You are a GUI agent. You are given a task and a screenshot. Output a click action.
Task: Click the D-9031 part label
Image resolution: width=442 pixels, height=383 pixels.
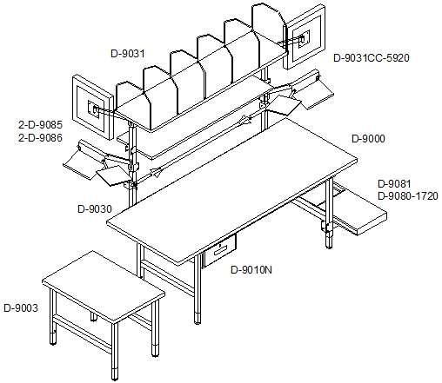(128, 54)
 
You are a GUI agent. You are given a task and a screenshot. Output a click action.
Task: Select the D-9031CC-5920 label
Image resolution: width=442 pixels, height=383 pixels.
(372, 58)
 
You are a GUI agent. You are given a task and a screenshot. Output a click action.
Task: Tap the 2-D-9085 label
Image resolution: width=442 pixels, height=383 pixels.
(40, 125)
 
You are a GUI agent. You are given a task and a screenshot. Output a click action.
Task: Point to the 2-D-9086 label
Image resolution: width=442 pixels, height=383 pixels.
(40, 137)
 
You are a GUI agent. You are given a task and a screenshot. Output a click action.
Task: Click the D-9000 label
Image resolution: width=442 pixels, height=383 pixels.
(368, 139)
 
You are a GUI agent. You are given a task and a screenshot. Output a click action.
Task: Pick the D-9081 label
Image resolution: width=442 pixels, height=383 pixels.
(394, 184)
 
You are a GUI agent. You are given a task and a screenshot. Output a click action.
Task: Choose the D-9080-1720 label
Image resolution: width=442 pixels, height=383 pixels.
(408, 196)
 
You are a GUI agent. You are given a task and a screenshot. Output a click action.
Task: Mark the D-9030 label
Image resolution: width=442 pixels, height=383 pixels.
(95, 209)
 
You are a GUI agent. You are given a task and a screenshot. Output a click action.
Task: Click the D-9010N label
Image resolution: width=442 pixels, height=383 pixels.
(251, 270)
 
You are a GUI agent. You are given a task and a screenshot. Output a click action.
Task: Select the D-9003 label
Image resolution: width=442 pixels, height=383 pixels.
(21, 308)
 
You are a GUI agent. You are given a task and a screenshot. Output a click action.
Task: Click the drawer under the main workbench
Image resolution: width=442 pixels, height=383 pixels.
(219, 251)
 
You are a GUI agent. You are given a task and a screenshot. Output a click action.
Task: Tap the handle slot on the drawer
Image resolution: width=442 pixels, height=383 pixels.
(222, 250)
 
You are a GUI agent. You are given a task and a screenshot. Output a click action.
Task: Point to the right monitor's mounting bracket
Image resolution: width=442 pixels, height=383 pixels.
(303, 38)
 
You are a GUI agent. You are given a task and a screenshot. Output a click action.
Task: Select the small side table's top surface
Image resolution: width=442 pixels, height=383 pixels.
(104, 287)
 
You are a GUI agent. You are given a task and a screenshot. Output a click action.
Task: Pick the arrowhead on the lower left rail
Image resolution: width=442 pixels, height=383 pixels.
(157, 172)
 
